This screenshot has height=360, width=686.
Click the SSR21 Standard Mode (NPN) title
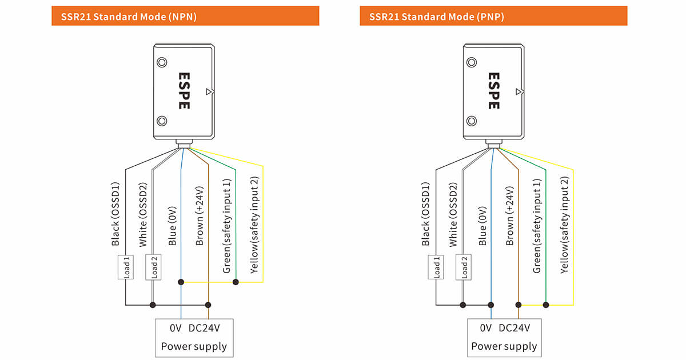[125, 16]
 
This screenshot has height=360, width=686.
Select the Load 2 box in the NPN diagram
[153, 267]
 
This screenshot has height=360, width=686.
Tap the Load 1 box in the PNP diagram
[437, 267]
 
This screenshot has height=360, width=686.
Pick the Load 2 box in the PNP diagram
[464, 267]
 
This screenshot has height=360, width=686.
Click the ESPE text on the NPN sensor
[184, 91]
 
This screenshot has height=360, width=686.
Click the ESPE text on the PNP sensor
[494, 91]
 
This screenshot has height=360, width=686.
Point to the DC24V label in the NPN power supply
[204, 328]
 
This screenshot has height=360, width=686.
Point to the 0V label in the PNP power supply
[486, 328]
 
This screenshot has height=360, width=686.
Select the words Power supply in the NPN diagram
[194, 346]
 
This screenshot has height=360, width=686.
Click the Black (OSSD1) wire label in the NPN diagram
[115, 215]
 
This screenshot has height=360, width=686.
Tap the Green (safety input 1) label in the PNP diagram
[537, 226]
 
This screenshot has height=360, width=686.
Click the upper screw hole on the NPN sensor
[162, 62]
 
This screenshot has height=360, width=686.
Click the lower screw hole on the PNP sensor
[472, 121]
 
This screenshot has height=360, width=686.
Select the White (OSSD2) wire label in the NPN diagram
[143, 215]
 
